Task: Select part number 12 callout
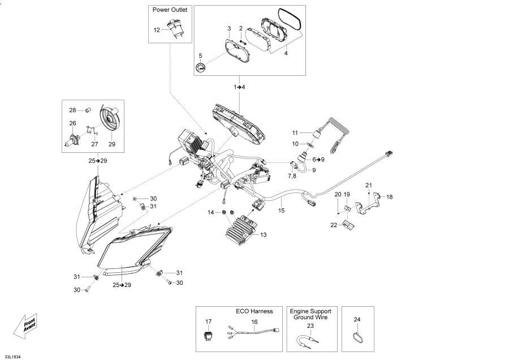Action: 157,29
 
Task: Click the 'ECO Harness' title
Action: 254,311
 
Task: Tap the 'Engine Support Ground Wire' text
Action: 310,315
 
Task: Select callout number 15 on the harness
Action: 281,211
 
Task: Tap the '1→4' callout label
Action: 239,87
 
